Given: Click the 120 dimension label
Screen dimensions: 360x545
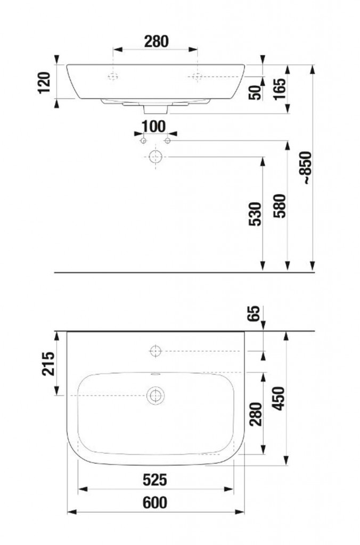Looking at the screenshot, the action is (x=45, y=82).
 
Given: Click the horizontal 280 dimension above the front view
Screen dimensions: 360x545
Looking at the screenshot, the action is (x=156, y=42).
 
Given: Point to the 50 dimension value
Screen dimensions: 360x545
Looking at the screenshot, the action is (x=255, y=93).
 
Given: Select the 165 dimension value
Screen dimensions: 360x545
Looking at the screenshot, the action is (x=280, y=89).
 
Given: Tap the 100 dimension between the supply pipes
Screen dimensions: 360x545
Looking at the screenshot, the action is (x=154, y=127).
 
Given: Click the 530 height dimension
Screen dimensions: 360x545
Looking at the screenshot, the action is (x=255, y=214).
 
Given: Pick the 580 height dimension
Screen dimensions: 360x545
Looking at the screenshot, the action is (x=280, y=206).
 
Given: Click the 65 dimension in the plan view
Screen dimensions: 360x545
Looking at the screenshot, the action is (x=255, y=313).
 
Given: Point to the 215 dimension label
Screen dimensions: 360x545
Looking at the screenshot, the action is (x=48, y=364).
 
